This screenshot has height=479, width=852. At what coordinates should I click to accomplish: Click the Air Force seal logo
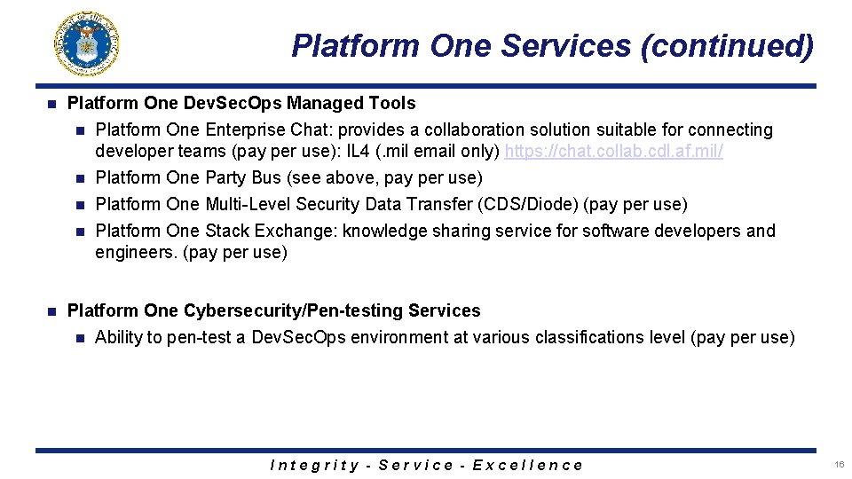coord(87,43)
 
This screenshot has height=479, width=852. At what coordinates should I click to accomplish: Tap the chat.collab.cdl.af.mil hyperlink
coord(613,152)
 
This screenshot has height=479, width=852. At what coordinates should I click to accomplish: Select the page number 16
coord(839,465)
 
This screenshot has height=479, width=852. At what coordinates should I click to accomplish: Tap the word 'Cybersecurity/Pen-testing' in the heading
coord(293,311)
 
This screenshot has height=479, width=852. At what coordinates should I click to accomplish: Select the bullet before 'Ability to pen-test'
coord(81,338)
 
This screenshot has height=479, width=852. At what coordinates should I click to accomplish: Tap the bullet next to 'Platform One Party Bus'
coord(81,178)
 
